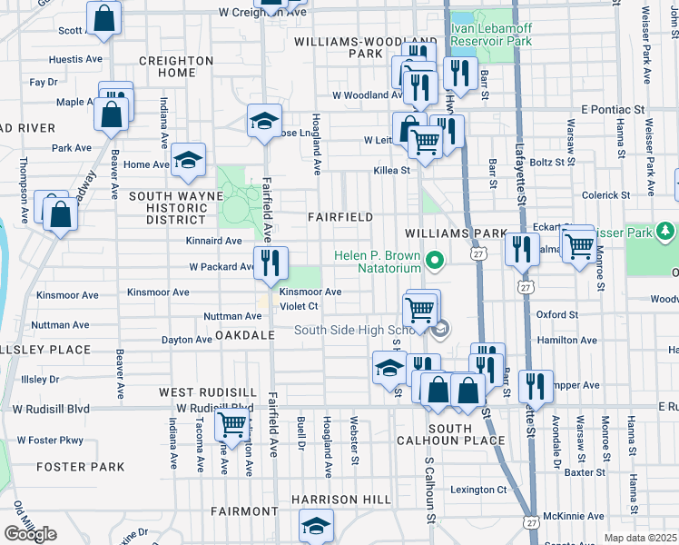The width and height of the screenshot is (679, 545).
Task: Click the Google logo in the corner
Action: click(30, 533)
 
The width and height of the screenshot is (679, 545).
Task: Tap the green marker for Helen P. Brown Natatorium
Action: click(435, 263)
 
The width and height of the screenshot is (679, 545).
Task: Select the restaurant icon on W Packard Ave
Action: click(271, 263)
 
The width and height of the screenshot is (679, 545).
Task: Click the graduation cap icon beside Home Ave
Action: click(188, 160)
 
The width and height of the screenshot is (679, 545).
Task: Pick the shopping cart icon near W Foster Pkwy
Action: click(231, 422)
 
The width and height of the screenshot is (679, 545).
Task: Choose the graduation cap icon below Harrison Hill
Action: click(316, 525)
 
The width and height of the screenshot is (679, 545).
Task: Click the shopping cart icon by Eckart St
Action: click(578, 244)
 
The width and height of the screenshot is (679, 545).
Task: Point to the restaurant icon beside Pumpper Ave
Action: click(536, 386)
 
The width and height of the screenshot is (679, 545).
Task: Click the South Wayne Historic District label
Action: click(176, 207)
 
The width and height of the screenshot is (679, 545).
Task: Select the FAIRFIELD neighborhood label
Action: click(340, 217)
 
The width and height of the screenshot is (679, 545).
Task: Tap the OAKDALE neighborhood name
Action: click(244, 335)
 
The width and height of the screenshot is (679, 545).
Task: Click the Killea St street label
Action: click(391, 170)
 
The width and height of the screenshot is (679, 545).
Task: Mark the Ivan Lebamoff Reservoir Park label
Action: click(491, 35)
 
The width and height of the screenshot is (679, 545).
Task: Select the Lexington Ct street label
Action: click(478, 490)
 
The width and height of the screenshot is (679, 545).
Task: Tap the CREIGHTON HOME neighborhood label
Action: click(175, 66)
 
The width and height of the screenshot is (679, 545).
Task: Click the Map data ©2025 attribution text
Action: click(640, 538)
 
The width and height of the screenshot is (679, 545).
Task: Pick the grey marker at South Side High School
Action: click(440, 329)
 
